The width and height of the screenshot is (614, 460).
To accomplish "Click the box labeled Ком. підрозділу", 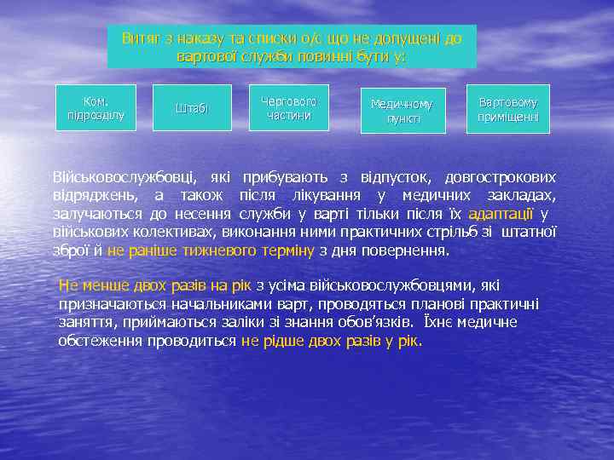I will pos(95,107).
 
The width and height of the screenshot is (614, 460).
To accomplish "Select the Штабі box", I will pos(192,107).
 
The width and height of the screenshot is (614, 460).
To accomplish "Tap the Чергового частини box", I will pos(288,107).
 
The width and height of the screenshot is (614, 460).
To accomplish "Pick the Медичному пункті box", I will pos(402,111).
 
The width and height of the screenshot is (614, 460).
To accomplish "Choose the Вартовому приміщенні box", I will pos(508,108).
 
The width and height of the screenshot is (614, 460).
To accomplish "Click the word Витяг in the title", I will pos(140,38).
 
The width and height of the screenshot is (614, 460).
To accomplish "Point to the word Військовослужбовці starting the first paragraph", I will pos(123,178).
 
